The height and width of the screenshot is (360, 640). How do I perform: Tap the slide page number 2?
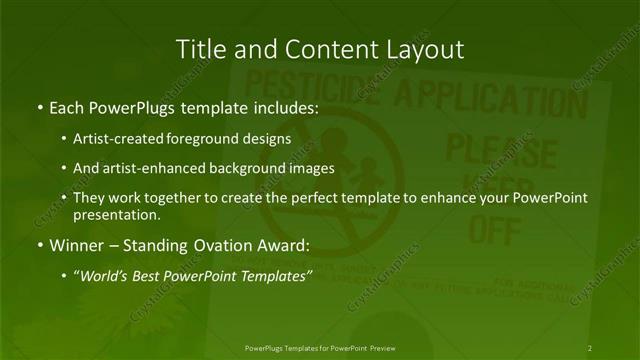tap(590, 347)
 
